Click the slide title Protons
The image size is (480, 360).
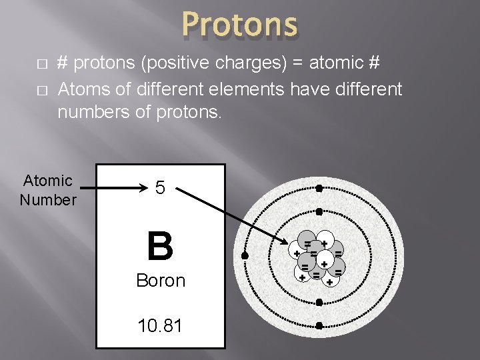(239, 25)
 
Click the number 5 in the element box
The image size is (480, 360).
(160, 188)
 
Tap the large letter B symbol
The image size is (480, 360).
(160, 245)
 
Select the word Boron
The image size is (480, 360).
(160, 281)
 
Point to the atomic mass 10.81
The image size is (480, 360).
(160, 325)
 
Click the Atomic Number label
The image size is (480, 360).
(47, 190)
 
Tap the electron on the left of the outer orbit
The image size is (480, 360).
(245, 256)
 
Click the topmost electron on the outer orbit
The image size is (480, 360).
(319, 188)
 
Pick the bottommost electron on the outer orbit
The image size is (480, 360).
(319, 326)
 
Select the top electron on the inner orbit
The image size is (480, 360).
(319, 211)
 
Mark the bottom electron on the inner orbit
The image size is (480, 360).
(319, 303)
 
